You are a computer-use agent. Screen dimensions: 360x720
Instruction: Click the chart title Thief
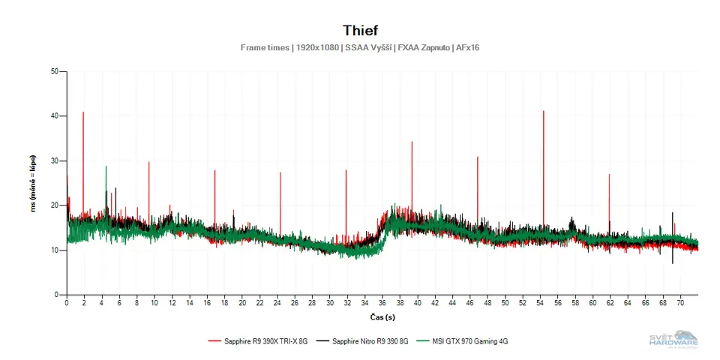pyautogui.click(x=360, y=30)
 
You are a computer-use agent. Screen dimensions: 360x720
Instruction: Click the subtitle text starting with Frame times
pyautogui.click(x=360, y=47)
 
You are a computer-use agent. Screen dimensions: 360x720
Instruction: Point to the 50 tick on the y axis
pyautogui.click(x=54, y=72)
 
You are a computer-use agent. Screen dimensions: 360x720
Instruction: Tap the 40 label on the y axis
pyautogui.click(x=54, y=116)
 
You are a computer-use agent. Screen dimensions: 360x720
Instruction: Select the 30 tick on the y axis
pyautogui.click(x=54, y=161)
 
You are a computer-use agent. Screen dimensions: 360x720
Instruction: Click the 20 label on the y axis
pyautogui.click(x=54, y=205)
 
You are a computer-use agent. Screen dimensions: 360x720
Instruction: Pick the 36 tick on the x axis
pyautogui.click(x=382, y=303)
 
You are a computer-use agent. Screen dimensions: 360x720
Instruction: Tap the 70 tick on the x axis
pyautogui.click(x=680, y=303)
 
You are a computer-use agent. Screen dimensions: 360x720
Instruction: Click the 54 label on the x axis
pyautogui.click(x=540, y=303)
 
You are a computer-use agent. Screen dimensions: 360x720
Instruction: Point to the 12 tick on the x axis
pyautogui.click(x=172, y=303)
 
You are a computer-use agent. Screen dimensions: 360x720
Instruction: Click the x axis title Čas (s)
pyautogui.click(x=382, y=317)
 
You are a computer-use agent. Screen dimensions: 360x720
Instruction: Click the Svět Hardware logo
pyautogui.click(x=673, y=339)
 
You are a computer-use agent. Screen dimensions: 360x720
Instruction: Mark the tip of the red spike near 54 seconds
pyautogui.click(x=543, y=111)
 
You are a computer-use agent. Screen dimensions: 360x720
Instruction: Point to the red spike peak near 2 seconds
pyautogui.click(x=83, y=112)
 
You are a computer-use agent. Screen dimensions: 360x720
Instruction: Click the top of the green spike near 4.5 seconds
pyautogui.click(x=106, y=166)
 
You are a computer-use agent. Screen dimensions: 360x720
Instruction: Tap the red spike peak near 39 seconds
pyautogui.click(x=412, y=142)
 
